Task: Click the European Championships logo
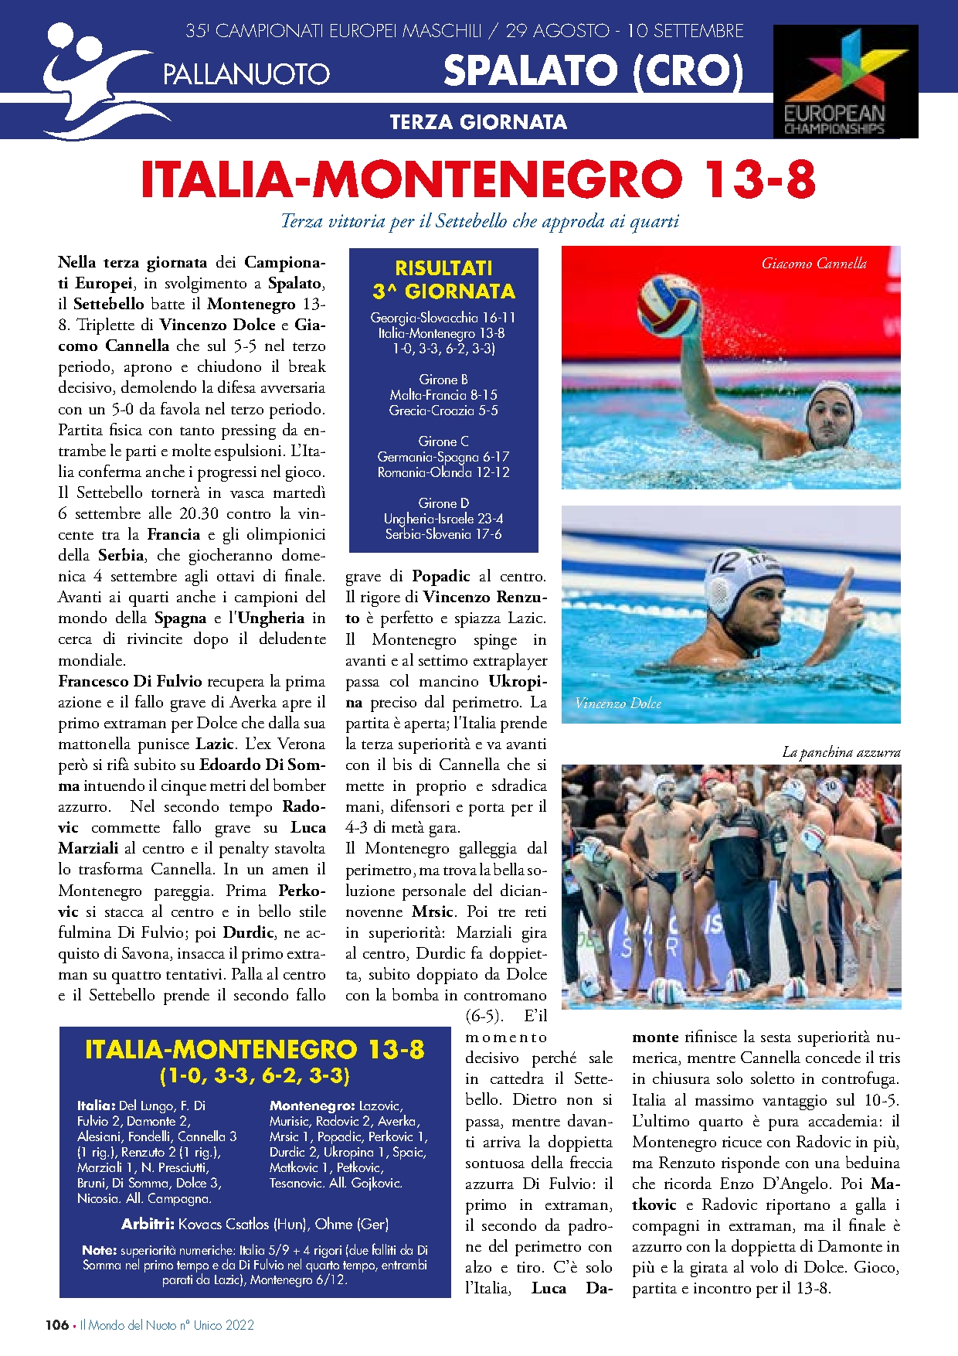coord(845,81)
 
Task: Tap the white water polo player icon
coord(93,81)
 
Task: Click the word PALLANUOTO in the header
coord(246,74)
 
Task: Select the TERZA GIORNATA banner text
coord(478,122)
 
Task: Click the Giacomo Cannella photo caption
coord(814,264)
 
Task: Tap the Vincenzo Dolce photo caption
coord(618,703)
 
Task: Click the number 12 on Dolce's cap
coord(728,562)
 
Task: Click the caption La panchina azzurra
coord(841,752)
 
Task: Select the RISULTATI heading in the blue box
coord(443,268)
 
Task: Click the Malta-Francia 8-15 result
coord(443,395)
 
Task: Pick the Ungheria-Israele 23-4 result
coord(443,519)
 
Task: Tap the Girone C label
coord(443,441)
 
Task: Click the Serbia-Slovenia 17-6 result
coord(443,534)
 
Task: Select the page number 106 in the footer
coord(56,1325)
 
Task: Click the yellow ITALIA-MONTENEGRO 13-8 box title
coord(255,1050)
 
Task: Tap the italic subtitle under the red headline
coord(479,222)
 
